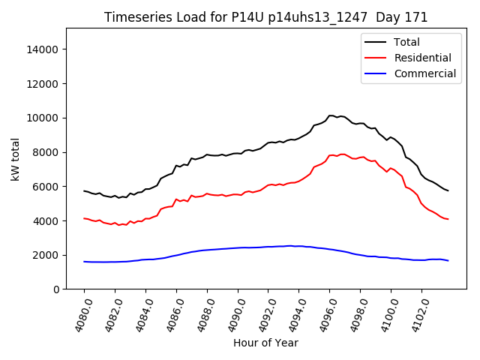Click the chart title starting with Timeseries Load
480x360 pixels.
[x=265, y=17]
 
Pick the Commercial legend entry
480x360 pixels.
[x=424, y=73]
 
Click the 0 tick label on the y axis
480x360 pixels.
[x=56, y=289]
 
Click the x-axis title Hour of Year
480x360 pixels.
[x=265, y=343]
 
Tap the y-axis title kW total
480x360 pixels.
[x=16, y=159]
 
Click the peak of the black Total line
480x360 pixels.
[x=331, y=115]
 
